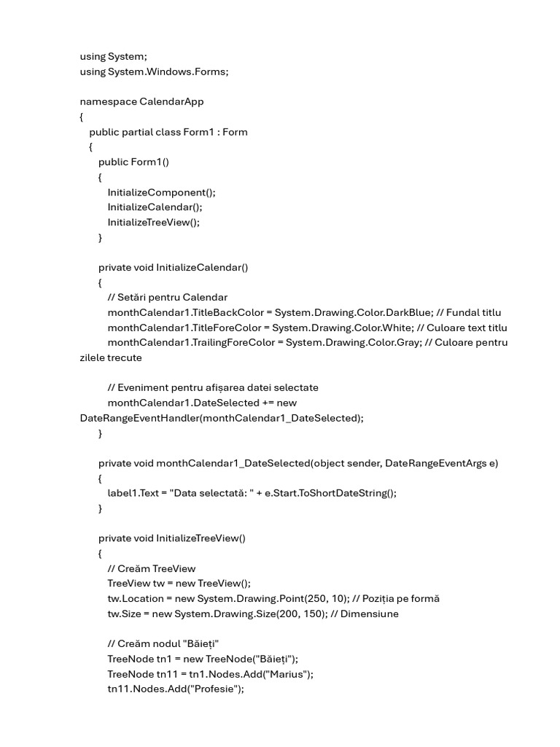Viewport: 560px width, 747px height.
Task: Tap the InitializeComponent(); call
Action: pyautogui.click(x=162, y=192)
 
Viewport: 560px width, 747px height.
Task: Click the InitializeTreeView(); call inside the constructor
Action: pyautogui.click(x=153, y=222)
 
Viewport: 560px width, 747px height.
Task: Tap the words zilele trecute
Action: pyautogui.click(x=111, y=357)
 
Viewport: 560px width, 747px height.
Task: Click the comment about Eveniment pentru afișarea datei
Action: pyautogui.click(x=213, y=387)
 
